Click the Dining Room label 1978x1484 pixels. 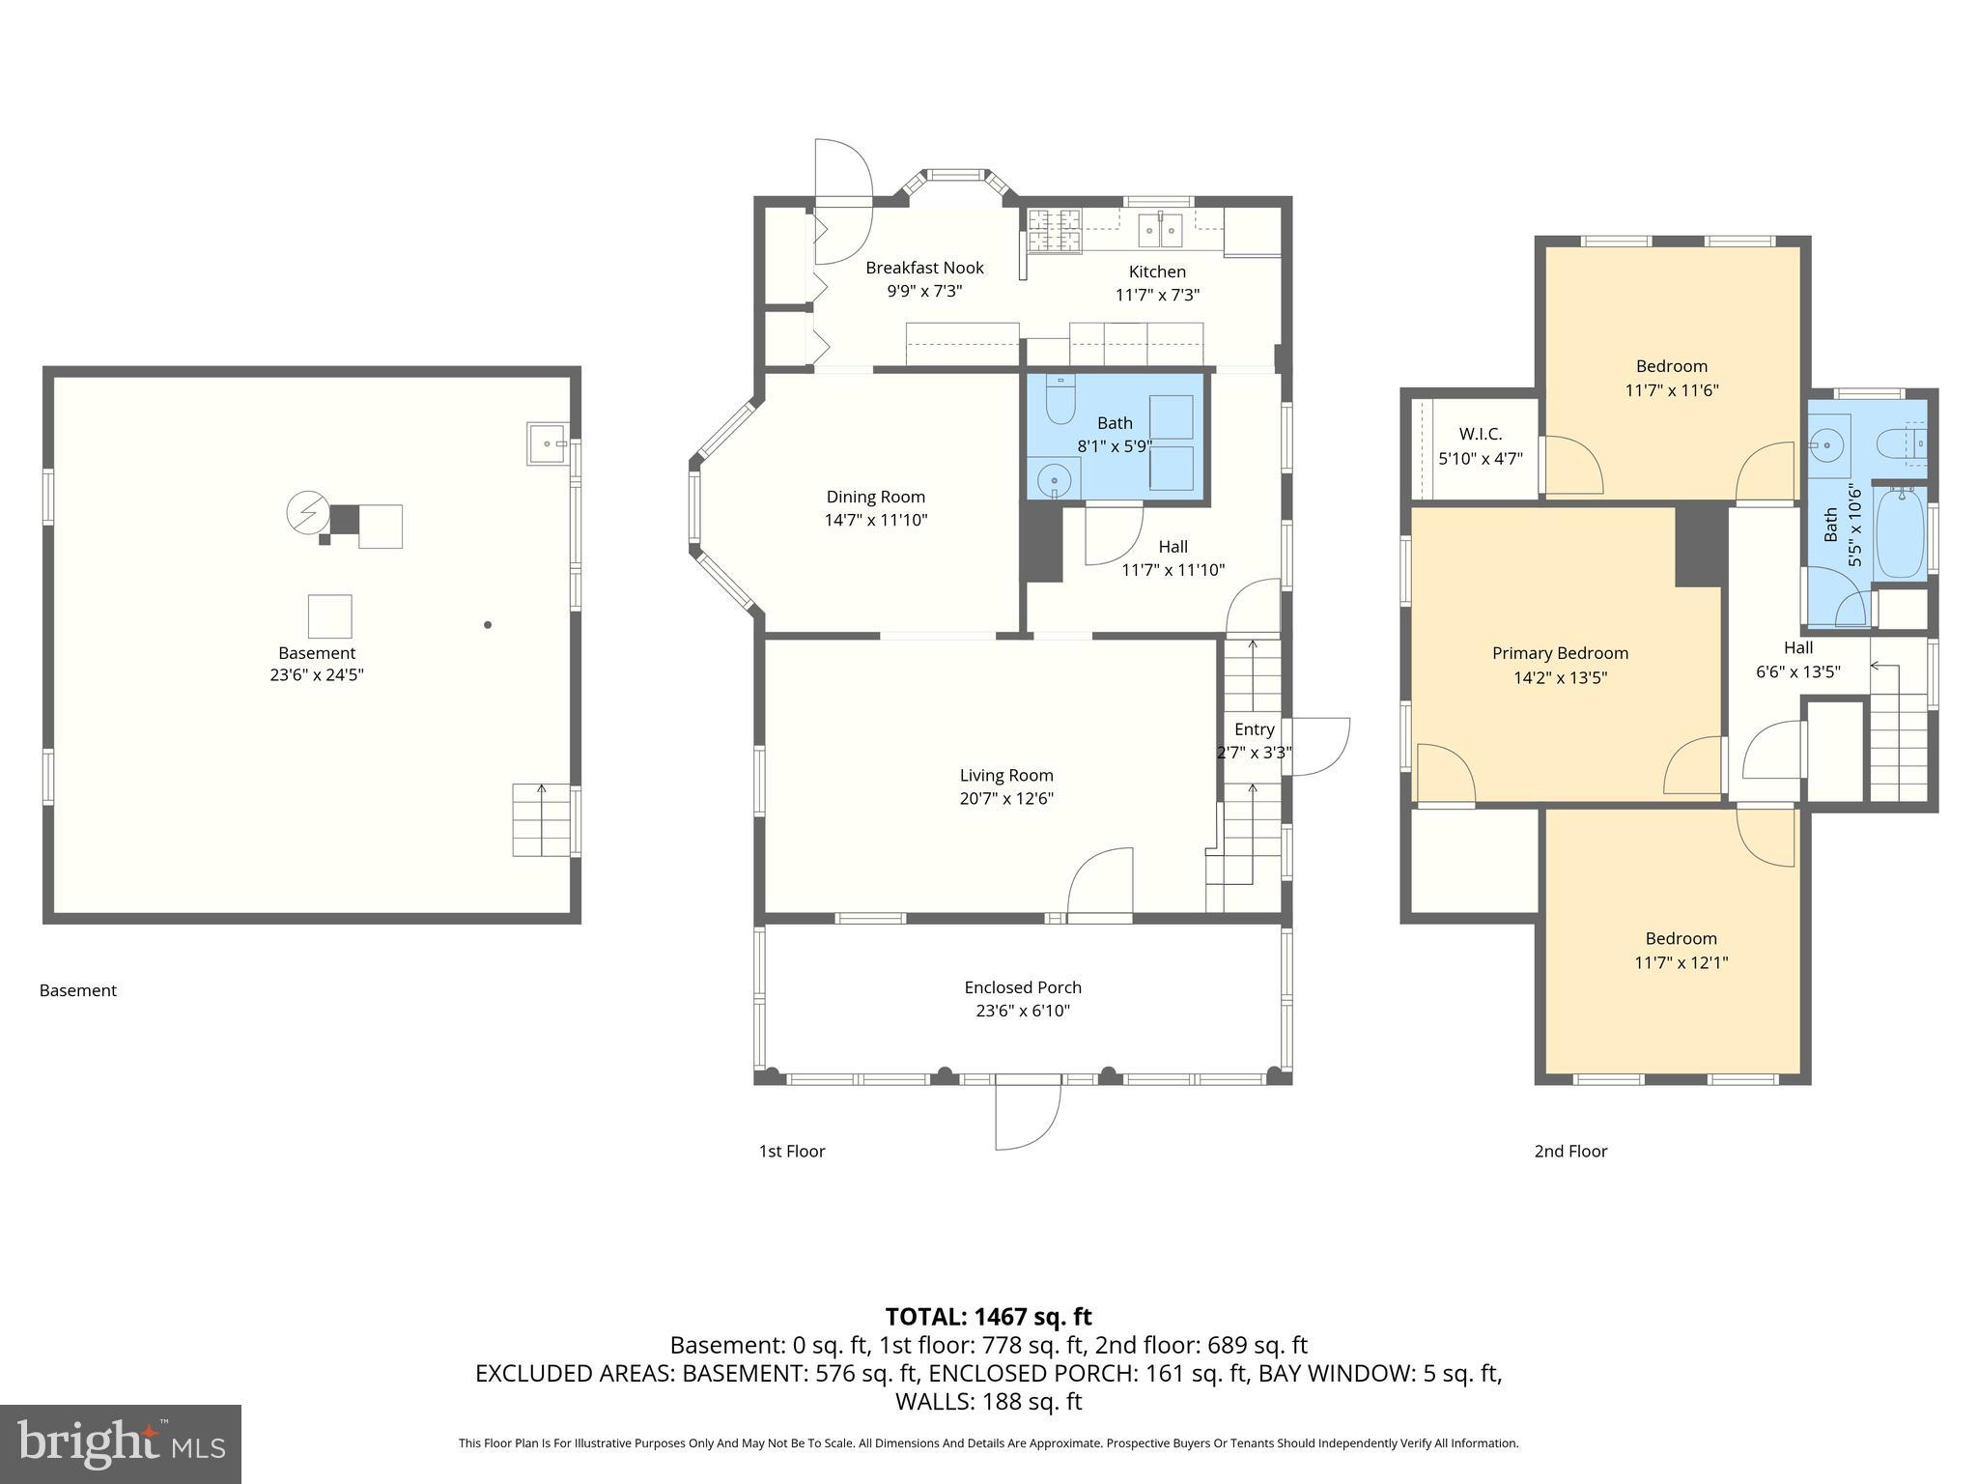(875, 497)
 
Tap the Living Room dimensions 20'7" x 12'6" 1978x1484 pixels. (1005, 799)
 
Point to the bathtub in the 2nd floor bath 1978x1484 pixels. (1900, 532)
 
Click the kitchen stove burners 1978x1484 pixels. (1054, 231)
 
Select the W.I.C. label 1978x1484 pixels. (1480, 435)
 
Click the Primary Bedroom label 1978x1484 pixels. (1560, 653)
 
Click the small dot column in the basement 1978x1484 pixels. (488, 625)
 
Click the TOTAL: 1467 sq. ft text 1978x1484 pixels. (988, 1317)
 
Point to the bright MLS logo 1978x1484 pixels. (120, 1443)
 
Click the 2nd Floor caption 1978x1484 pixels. (1570, 1151)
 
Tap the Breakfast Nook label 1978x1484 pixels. (924, 268)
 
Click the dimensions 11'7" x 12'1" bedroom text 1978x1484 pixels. (1681, 962)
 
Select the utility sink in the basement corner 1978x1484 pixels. (548, 443)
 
